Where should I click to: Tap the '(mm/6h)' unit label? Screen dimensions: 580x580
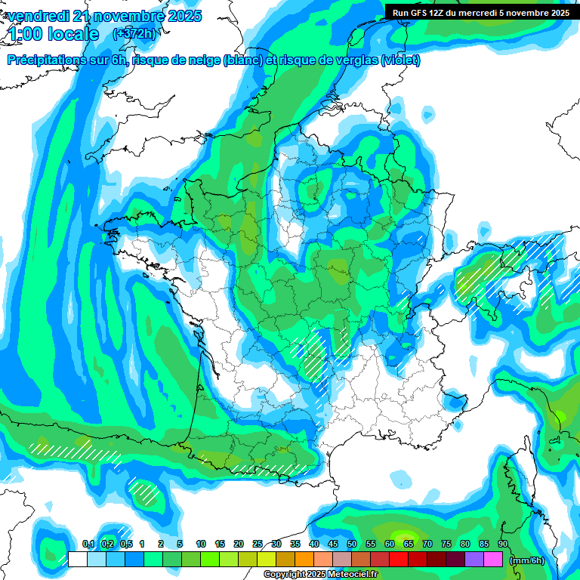[526, 560]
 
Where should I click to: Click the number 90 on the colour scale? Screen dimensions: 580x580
[503, 544]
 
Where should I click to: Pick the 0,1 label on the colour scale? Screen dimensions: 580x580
[88, 544]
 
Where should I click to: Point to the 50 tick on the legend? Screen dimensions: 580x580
[352, 544]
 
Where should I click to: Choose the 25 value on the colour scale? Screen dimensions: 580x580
[258, 544]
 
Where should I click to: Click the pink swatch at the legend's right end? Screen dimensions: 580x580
[493, 560]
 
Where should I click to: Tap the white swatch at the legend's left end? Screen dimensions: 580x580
[78, 560]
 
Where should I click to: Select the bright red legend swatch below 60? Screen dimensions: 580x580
[399, 560]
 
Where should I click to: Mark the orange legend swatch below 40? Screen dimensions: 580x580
[304, 560]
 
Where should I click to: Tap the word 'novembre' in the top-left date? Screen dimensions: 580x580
[121, 16]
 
